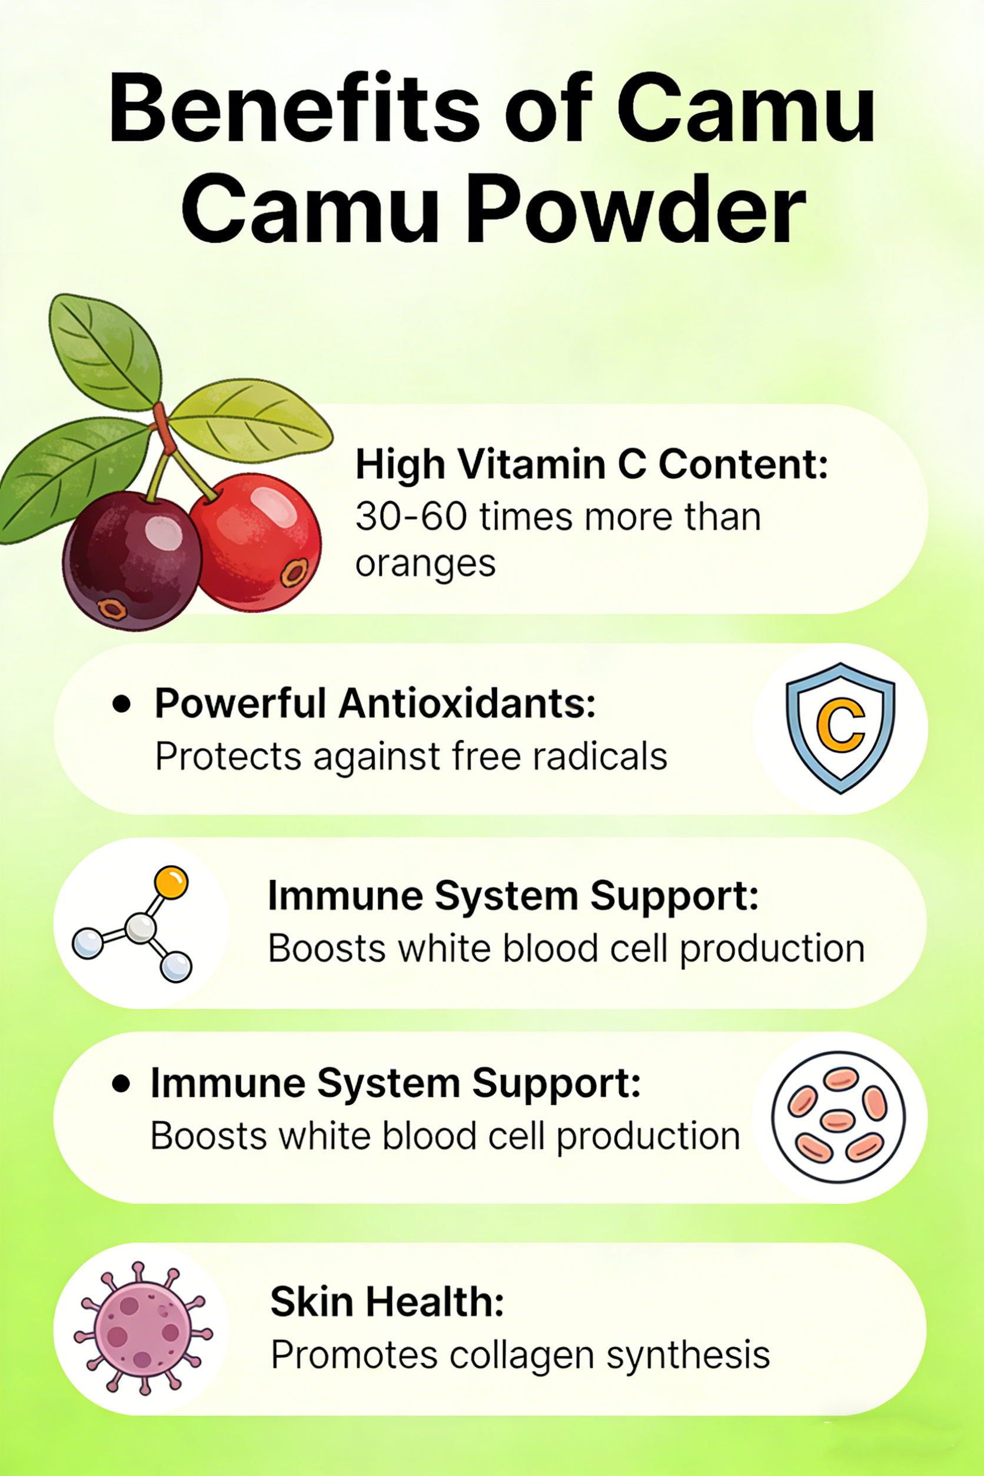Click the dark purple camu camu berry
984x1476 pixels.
(132, 560)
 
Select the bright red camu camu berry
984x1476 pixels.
(256, 542)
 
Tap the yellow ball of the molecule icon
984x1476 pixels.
(171, 882)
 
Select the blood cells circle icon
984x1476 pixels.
(839, 1117)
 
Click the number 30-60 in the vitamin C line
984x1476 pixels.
(411, 517)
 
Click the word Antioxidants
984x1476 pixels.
(467, 703)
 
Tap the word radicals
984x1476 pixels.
(600, 756)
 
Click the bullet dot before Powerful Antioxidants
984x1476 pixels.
(121, 704)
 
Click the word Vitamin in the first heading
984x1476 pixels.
(532, 464)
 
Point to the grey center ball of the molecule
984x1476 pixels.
(140, 928)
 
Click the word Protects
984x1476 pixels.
(228, 756)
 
